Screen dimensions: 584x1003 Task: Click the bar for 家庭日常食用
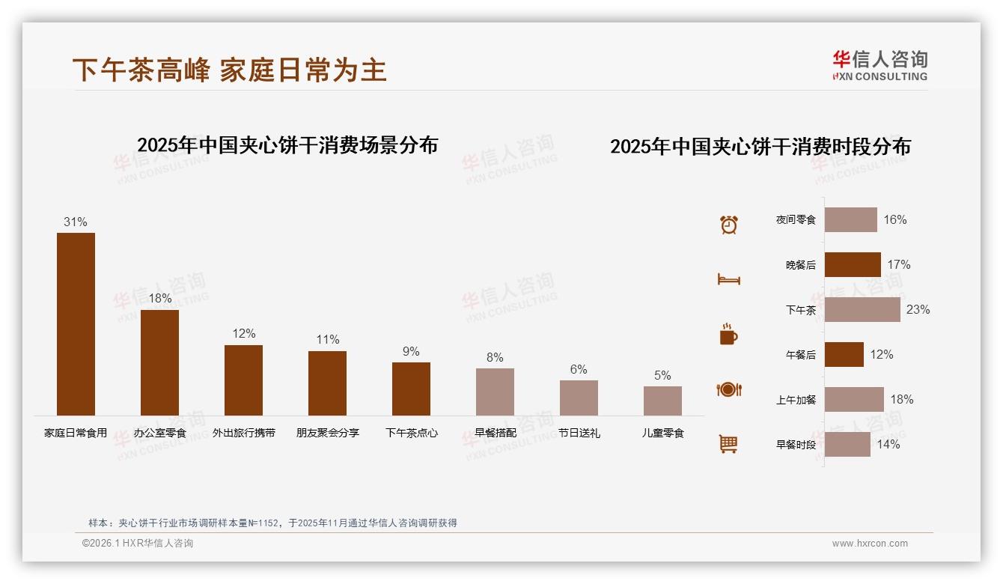[76, 323]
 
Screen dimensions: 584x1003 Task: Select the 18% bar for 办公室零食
[159, 362]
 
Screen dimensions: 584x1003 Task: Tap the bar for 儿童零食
[662, 401]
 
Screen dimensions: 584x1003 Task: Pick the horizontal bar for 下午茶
[862, 309]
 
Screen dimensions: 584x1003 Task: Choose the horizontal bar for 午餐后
[844, 354]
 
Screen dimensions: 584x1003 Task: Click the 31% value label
[76, 222]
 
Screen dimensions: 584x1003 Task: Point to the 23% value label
[918, 309]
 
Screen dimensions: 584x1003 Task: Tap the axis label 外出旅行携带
[243, 433]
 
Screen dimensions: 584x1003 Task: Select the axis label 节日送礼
[579, 433]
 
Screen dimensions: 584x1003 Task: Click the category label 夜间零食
[796, 220]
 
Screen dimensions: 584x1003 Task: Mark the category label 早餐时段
[796, 445]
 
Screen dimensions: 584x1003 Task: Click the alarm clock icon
[728, 225]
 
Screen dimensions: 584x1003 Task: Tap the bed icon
[728, 279]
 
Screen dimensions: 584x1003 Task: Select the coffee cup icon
[728, 335]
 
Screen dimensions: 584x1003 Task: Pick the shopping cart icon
[728, 444]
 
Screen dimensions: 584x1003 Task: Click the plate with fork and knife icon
[728, 389]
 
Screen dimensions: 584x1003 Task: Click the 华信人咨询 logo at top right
[879, 65]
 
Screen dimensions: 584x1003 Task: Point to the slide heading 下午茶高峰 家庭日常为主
[229, 70]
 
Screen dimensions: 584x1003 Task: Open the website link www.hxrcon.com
[870, 544]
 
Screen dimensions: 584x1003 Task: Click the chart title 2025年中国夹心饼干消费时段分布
[760, 147]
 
